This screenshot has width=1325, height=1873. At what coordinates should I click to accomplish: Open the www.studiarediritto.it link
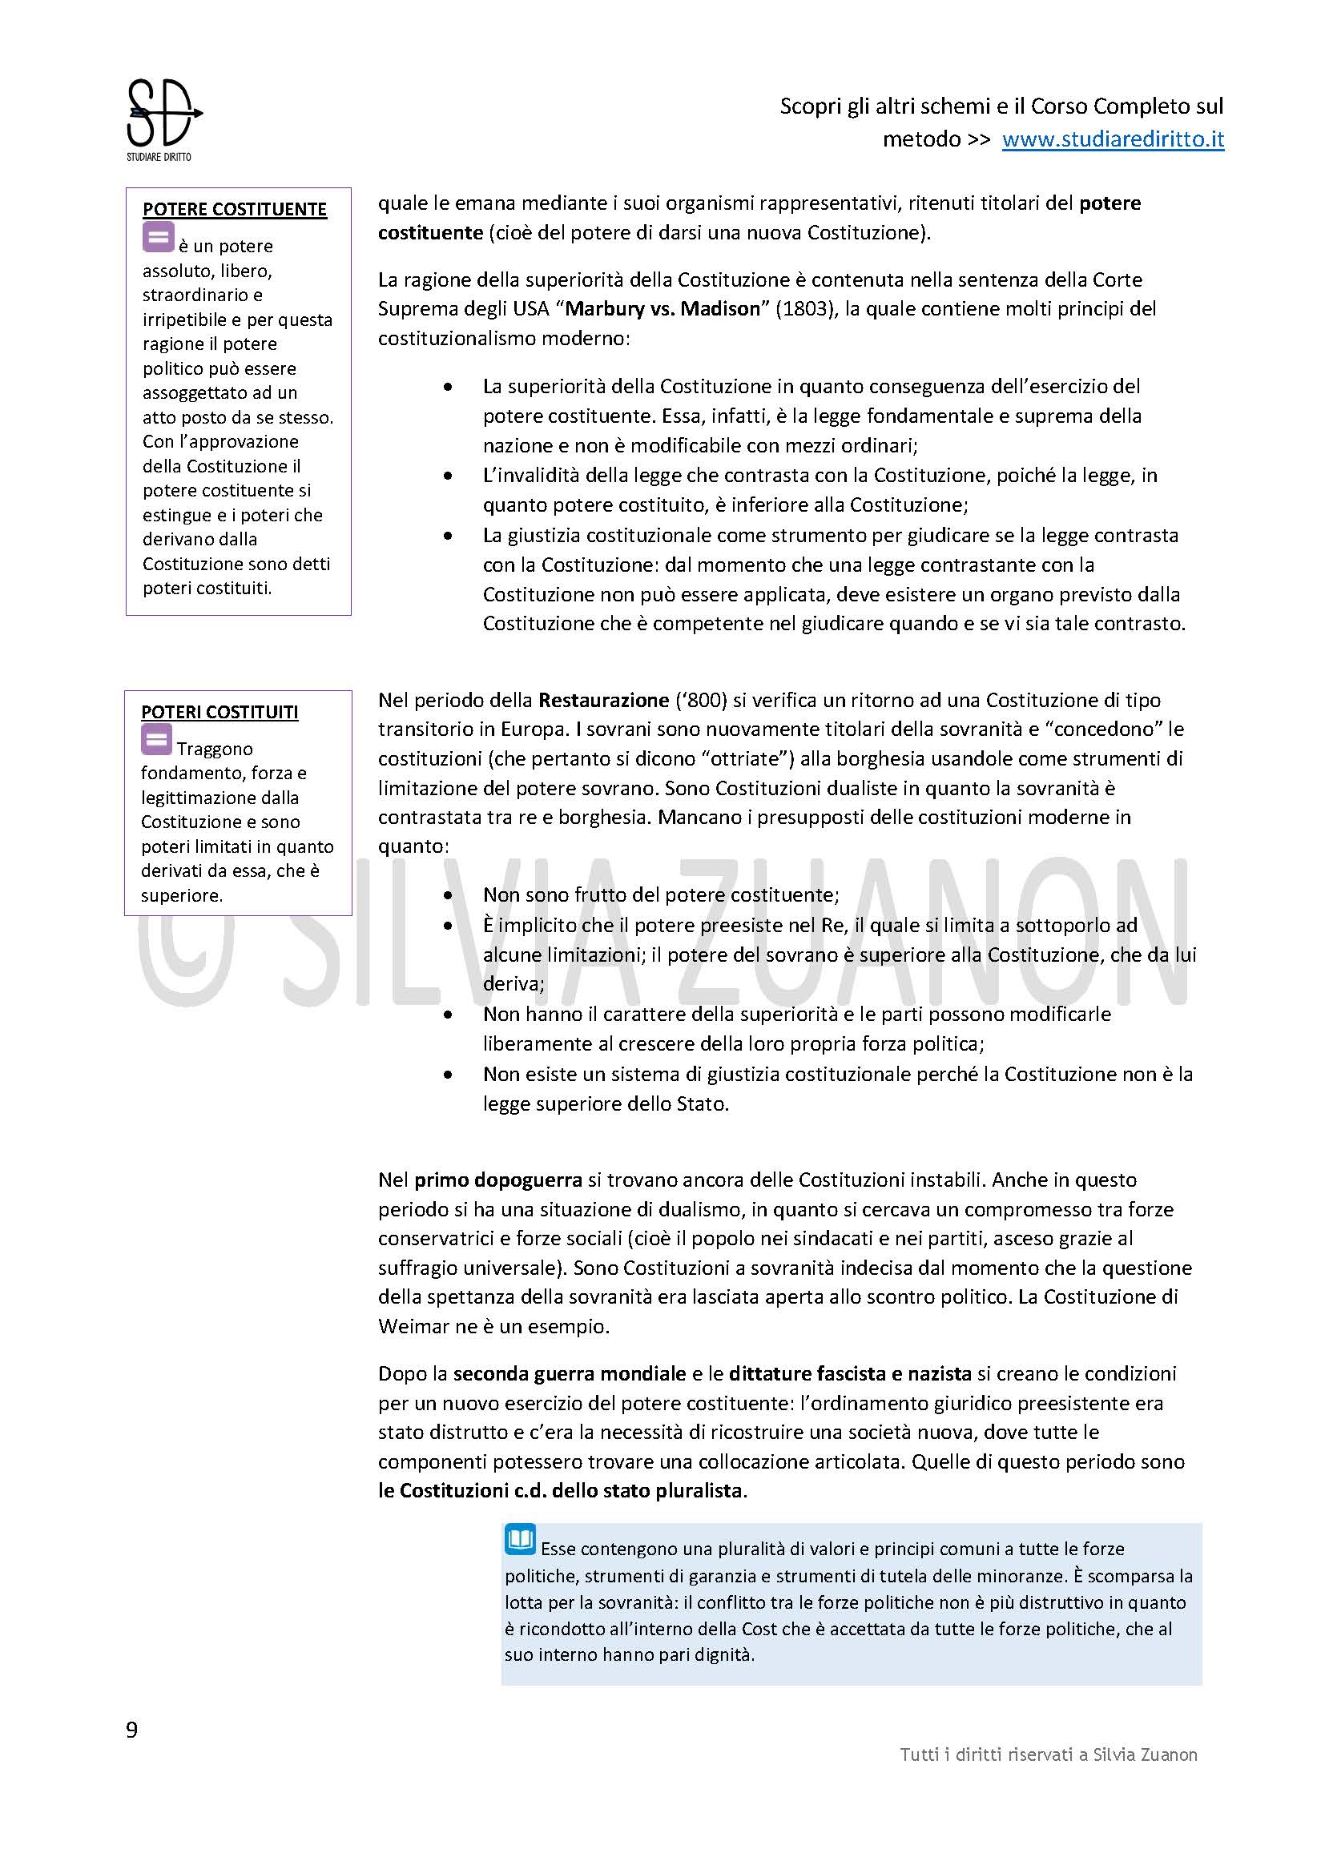pos(1113,139)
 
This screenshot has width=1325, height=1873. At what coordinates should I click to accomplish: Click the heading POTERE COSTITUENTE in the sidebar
pos(234,210)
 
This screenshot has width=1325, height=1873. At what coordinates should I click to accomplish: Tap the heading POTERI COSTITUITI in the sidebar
pos(219,712)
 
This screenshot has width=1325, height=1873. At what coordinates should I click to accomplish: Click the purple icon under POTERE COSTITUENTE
pos(159,238)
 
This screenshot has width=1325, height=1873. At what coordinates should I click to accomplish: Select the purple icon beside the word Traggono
pos(157,740)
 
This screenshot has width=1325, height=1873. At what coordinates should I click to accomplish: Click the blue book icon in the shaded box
pos(520,1538)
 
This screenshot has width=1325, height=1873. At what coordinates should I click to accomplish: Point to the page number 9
pos(132,1730)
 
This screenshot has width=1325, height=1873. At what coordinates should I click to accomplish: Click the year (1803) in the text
pos(803,309)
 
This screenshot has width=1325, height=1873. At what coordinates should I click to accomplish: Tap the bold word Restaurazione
pos(603,700)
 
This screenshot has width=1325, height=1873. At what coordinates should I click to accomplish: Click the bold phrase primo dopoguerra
pos(497,1180)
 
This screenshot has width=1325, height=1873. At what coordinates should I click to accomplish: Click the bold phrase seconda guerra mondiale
pos(569,1374)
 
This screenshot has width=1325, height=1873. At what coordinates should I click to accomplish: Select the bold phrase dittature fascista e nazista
pos(850,1374)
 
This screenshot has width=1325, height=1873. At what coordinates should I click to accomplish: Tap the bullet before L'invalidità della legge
pos(448,476)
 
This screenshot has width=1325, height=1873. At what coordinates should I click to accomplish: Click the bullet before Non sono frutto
pos(448,896)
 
